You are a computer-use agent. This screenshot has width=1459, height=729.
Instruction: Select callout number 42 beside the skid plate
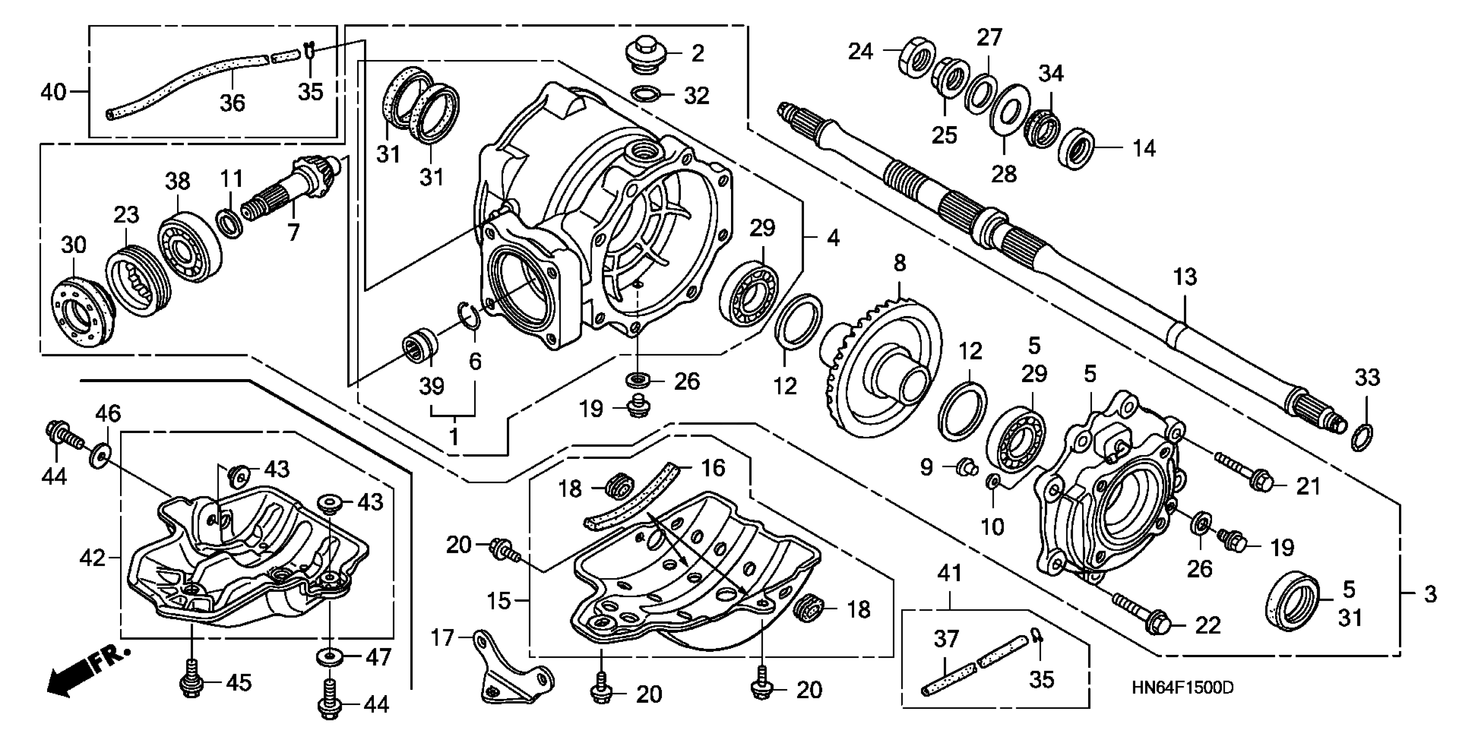(x=92, y=558)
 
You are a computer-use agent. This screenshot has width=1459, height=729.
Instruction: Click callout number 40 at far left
(x=53, y=92)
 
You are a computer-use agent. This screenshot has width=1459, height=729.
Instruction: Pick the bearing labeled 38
(x=189, y=247)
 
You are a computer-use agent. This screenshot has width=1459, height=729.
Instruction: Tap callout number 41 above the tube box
(x=949, y=573)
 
